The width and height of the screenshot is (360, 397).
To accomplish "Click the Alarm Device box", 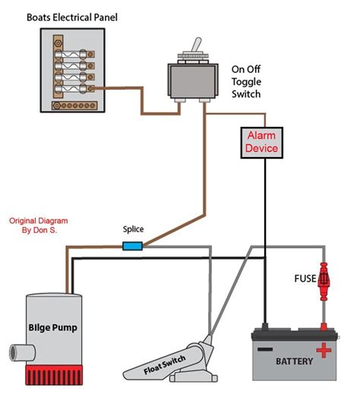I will tap(261, 141).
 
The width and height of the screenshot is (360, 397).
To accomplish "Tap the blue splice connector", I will tap(132, 245).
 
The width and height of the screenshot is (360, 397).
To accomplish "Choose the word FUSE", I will tap(305, 279).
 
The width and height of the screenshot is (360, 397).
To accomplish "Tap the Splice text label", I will tap(134, 229).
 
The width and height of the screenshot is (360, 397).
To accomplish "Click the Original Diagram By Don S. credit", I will tap(35, 225).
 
